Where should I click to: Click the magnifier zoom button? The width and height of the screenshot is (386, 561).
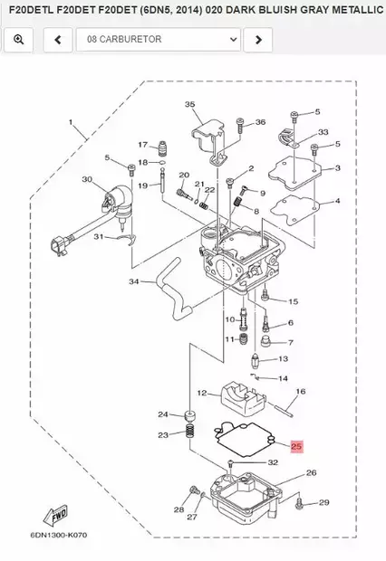pos(18,40)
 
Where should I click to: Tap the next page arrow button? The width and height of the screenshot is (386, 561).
pos(258,40)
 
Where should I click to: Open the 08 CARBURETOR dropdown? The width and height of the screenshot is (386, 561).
pos(158,40)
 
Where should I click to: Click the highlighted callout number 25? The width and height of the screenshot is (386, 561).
pos(296,446)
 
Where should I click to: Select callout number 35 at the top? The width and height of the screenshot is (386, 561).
pos(190,105)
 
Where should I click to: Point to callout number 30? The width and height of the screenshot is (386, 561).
pos(87,180)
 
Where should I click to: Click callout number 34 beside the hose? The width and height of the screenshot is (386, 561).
pos(134,281)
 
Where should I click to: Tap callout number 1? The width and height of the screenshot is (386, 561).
pos(70,120)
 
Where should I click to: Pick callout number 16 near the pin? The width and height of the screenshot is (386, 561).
pos(301,392)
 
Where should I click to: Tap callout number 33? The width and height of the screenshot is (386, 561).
pos(323,132)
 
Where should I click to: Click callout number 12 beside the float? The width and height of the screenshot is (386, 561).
pos(203,394)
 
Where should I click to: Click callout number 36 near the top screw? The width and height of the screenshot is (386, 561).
pos(260,122)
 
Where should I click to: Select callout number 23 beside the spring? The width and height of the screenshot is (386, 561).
pos(162,435)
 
